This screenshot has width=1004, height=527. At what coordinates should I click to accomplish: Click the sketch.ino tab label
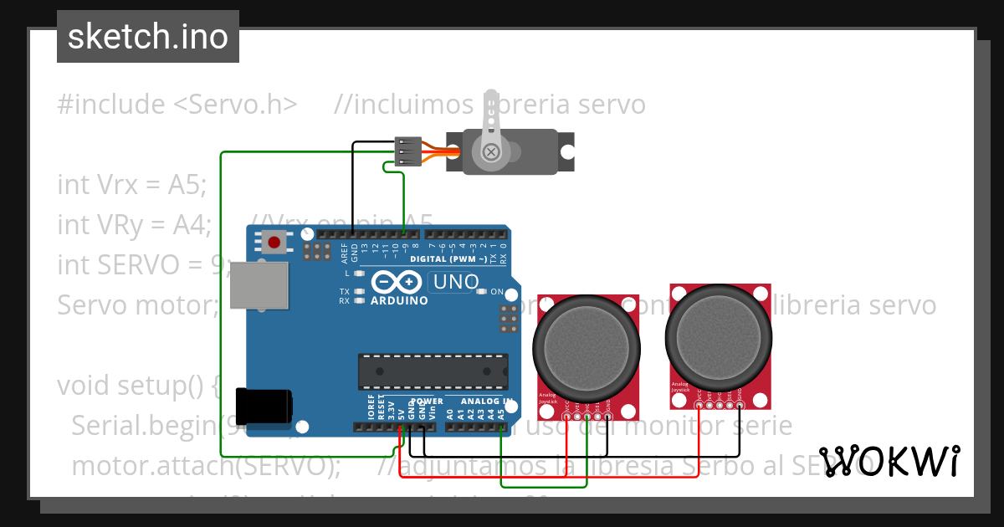click(x=147, y=37)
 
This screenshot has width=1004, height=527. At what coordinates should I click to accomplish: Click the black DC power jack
click(x=264, y=406)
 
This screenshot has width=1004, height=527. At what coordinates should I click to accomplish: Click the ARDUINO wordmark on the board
click(x=399, y=300)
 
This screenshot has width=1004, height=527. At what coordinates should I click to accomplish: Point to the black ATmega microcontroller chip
click(x=433, y=371)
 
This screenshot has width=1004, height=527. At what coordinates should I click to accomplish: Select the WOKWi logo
click(x=889, y=461)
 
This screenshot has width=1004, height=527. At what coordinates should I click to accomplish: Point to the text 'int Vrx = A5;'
click(x=131, y=184)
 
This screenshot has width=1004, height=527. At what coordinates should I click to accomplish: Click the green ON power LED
click(x=481, y=292)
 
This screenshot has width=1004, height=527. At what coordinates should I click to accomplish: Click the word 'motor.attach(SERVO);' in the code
click(x=206, y=465)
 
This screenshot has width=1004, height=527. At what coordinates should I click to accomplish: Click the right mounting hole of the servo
click(x=568, y=152)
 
